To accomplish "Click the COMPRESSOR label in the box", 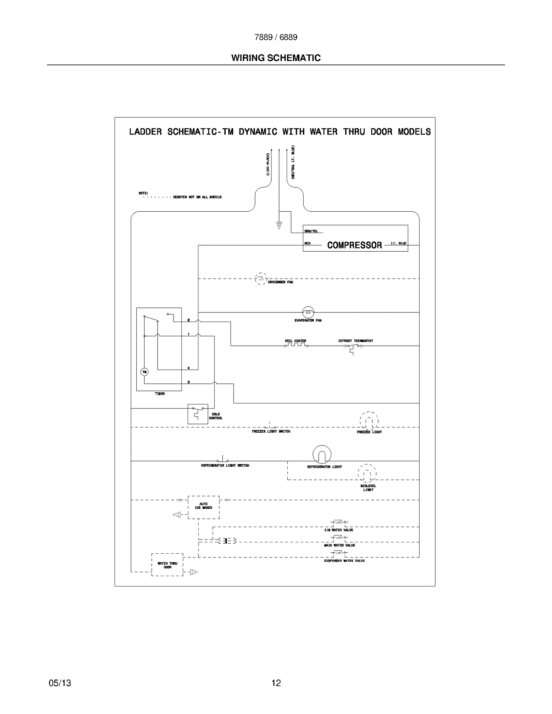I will [x=354, y=245].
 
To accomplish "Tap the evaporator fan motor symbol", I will [x=308, y=312].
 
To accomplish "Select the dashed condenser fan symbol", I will [x=260, y=278].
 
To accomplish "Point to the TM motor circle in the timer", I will [x=144, y=372].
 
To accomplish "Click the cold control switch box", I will [x=198, y=414].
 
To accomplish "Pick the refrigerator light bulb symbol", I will [x=322, y=454].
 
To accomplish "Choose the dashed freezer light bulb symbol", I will [x=369, y=421].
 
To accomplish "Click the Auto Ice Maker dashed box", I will [x=204, y=507].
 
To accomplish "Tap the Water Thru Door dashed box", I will [x=167, y=565].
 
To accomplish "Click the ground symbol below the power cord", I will [x=279, y=225].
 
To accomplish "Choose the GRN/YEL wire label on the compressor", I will [x=311, y=231].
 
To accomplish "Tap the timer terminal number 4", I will [x=188, y=368].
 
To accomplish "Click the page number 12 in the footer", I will [x=276, y=683].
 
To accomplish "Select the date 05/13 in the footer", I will [x=60, y=683].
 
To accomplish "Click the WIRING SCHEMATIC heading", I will [x=276, y=58].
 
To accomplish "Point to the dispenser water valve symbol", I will [x=339, y=552].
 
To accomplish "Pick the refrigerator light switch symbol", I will [x=223, y=460].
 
